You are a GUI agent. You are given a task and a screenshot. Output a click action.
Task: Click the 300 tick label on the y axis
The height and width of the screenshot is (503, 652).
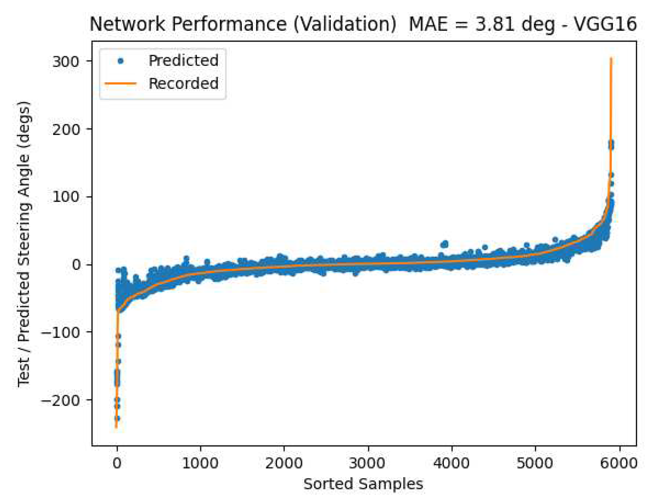66,62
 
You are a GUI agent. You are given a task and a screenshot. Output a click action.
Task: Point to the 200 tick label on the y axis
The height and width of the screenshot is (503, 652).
66,129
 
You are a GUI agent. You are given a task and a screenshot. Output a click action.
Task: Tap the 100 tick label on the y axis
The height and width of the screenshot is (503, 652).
66,197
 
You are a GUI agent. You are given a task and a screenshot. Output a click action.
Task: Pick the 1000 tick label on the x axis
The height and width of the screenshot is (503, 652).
200,463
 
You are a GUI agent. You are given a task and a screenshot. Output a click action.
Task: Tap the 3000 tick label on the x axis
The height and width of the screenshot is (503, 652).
367,463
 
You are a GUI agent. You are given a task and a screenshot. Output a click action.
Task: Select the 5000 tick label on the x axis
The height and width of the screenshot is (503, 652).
535,463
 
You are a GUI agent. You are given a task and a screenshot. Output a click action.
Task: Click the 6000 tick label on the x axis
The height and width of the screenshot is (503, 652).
619,463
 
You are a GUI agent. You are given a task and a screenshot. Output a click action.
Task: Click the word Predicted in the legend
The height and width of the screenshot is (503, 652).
183,60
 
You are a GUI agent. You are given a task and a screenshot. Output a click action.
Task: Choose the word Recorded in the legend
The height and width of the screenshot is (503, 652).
183,83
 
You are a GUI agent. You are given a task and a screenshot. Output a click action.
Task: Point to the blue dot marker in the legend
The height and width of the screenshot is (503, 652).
120,61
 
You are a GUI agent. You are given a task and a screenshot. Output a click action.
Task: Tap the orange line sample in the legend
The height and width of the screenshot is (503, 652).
120,83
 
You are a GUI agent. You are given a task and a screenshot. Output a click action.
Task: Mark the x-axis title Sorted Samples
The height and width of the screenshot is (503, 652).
363,484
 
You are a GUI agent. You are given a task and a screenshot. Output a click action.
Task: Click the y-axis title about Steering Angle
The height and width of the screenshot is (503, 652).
23,244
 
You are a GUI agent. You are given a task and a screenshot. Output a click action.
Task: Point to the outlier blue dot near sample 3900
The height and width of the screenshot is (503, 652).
444,244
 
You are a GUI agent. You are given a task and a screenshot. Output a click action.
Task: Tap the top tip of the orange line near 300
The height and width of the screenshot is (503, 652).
611,59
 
